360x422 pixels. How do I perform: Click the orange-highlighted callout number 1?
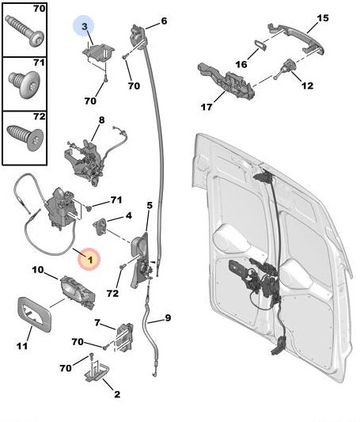(89, 257)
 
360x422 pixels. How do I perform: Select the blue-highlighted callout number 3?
(83, 27)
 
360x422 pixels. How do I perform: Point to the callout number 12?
(307, 86)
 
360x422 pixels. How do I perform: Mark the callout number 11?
(23, 345)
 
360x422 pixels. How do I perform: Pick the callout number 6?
(163, 21)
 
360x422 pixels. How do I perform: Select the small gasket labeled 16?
(260, 44)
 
